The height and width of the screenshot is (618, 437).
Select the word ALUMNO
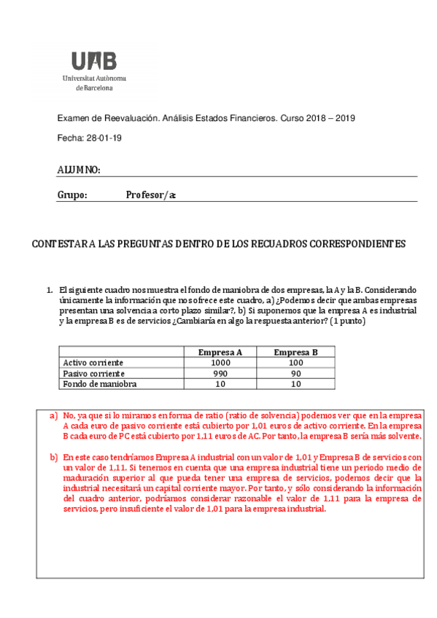[x=78, y=170]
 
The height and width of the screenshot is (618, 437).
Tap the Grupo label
[x=72, y=195]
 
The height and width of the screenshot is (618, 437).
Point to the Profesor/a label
[x=151, y=195]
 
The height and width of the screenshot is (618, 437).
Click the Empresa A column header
[x=220, y=352]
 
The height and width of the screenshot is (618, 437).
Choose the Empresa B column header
[x=295, y=352]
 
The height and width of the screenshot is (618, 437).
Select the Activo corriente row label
[x=93, y=362]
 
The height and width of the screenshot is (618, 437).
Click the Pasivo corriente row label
[x=93, y=373]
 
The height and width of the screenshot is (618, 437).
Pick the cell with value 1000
[x=220, y=362]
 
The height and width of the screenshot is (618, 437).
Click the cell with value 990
[x=220, y=373]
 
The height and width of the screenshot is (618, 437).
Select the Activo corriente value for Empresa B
[x=295, y=362]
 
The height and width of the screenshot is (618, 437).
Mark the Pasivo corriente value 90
[x=295, y=373]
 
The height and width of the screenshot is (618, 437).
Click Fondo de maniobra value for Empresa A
[x=220, y=383]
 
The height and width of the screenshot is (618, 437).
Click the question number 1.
[x=50, y=290]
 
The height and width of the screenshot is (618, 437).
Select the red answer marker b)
[x=53, y=458]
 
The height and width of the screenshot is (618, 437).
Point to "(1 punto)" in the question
[x=347, y=321]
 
